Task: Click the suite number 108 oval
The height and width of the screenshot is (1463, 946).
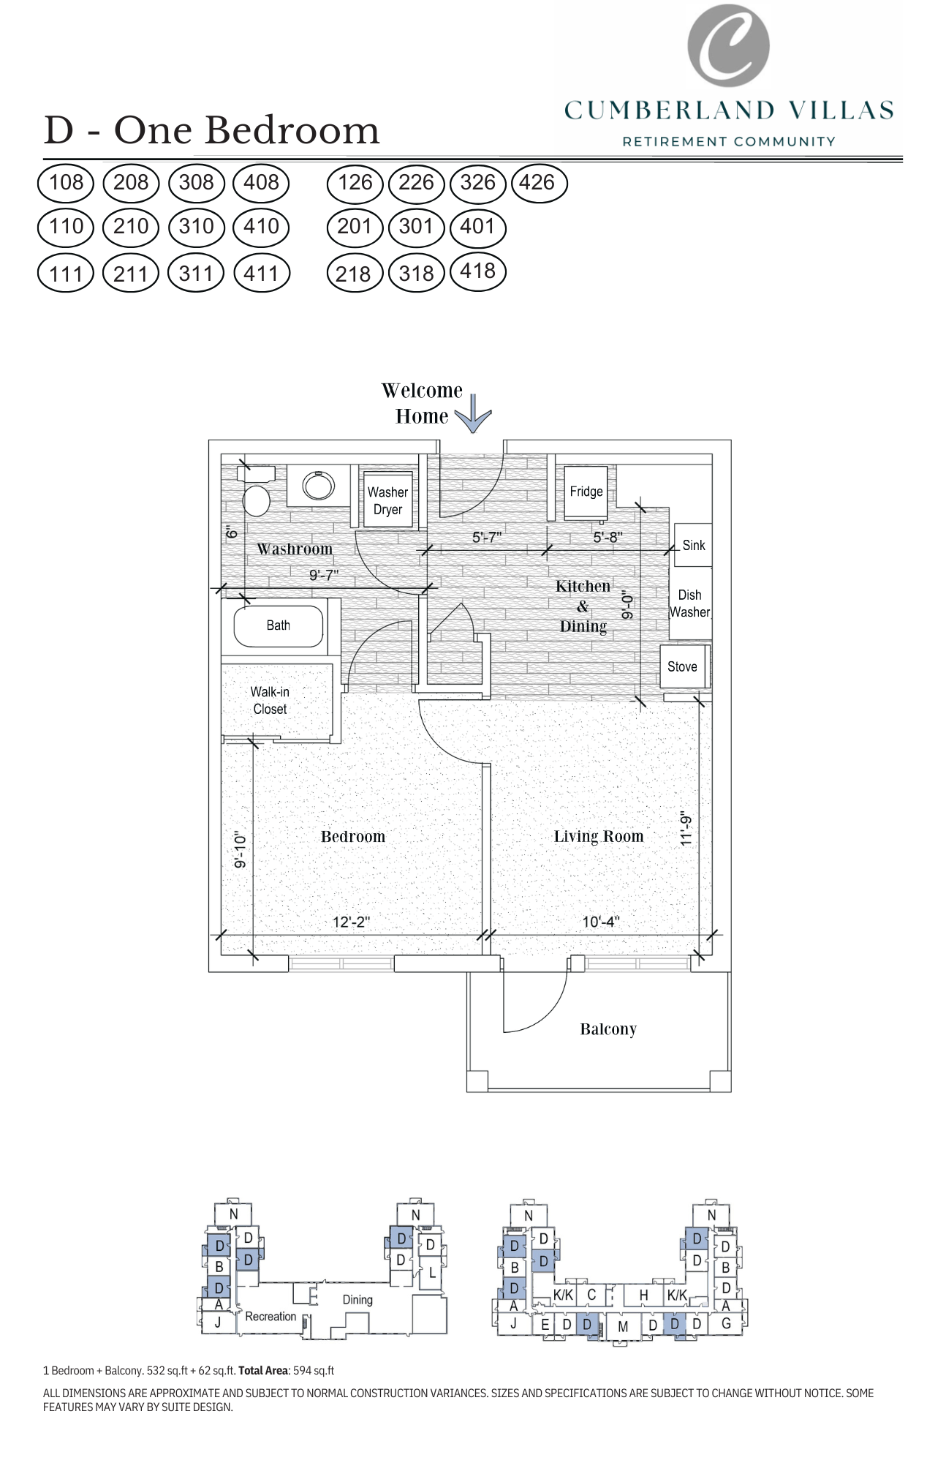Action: pyautogui.click(x=66, y=183)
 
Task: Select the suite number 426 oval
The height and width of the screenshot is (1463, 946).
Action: pyautogui.click(x=538, y=183)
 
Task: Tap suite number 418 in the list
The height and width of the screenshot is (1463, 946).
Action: pyautogui.click(x=477, y=271)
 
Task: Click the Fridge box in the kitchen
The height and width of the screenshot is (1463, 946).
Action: pyautogui.click(x=586, y=492)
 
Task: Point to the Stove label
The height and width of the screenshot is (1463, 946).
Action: pyautogui.click(x=682, y=666)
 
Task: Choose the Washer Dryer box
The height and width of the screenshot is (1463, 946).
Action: pyautogui.click(x=388, y=501)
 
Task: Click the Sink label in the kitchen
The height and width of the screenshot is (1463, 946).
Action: pyautogui.click(x=693, y=545)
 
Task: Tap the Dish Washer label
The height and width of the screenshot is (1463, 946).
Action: pyautogui.click(x=689, y=603)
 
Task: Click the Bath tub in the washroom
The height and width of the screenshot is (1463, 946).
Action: pyautogui.click(x=279, y=626)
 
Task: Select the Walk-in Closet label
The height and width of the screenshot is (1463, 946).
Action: pyautogui.click(x=270, y=700)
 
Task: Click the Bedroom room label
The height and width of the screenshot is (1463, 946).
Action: pyautogui.click(x=352, y=836)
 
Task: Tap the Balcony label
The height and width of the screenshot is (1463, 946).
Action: pyautogui.click(x=608, y=1029)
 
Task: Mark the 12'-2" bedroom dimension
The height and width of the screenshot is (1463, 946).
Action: pyautogui.click(x=351, y=922)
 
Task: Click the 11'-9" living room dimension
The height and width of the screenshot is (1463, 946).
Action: pyautogui.click(x=686, y=829)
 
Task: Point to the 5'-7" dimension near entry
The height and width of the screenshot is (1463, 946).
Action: pyautogui.click(x=486, y=538)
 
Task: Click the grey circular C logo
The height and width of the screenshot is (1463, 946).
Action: pyautogui.click(x=728, y=45)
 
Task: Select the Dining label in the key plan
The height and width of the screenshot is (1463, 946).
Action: pyautogui.click(x=357, y=1300)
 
